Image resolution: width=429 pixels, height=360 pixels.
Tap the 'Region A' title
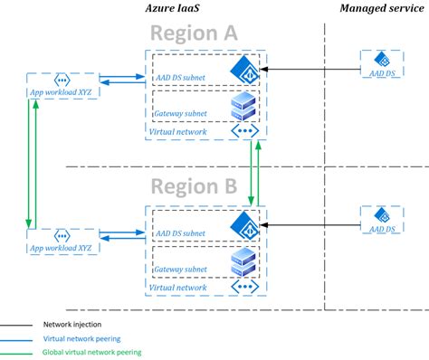tap(194, 33)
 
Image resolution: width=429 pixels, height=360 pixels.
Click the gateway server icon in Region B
tap(243, 261)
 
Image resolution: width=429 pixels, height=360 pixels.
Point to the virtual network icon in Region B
tap(243, 287)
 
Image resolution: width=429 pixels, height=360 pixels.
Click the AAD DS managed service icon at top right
tap(381, 62)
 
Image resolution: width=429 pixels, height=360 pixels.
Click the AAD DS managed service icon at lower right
tap(381, 217)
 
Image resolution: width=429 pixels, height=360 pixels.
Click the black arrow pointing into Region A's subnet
tap(308, 69)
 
